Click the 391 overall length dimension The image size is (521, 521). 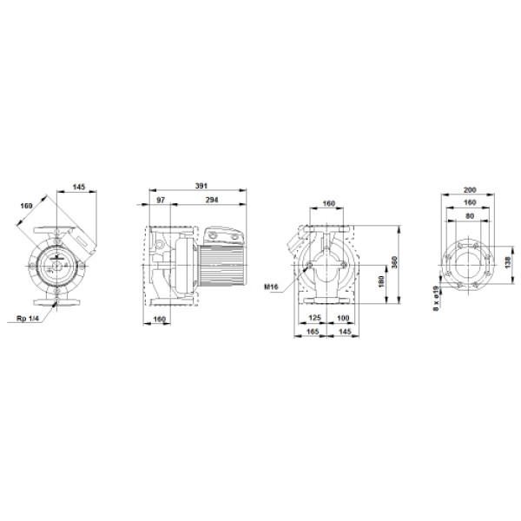click(201, 186)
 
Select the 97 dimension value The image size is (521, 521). click(161, 200)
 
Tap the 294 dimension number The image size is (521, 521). click(212, 200)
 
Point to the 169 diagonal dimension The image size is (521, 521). click(27, 206)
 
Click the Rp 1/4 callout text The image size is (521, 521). click(28, 319)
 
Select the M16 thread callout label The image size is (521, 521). click(272, 287)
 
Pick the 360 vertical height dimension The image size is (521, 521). click(395, 262)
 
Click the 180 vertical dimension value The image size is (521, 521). click(381, 281)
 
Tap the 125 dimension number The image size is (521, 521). click(314, 318)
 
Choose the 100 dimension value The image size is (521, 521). click(343, 318)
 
